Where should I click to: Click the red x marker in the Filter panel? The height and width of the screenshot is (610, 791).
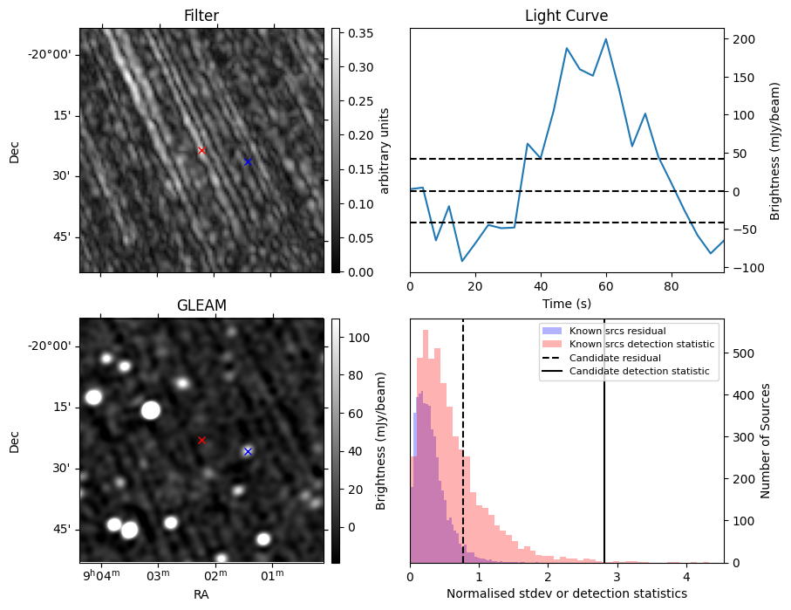coord(201,150)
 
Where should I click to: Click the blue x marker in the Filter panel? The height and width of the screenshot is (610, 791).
coord(248,161)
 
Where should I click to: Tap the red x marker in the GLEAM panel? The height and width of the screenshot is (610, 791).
coord(201,440)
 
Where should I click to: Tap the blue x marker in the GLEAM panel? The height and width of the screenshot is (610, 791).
coord(248,451)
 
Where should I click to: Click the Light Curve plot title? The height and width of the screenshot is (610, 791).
coord(566,16)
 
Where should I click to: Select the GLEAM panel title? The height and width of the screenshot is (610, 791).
coord(201,305)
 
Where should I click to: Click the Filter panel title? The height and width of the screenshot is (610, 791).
coord(201,16)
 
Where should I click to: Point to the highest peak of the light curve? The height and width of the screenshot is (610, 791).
coord(605,39)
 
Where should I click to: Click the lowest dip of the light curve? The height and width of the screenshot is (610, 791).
coord(462,261)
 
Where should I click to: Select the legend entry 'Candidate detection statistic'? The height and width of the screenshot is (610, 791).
coord(639,373)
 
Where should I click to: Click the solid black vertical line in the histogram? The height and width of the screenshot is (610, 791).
coord(604,454)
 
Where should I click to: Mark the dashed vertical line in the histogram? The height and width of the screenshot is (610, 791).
coord(463,454)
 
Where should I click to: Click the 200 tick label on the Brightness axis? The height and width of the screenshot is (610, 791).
coord(743,39)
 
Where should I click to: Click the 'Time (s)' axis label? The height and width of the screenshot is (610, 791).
coord(566,302)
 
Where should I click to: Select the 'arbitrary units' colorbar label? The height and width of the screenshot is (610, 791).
coord(385,150)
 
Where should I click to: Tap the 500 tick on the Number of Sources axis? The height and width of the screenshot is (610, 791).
coord(743,353)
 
